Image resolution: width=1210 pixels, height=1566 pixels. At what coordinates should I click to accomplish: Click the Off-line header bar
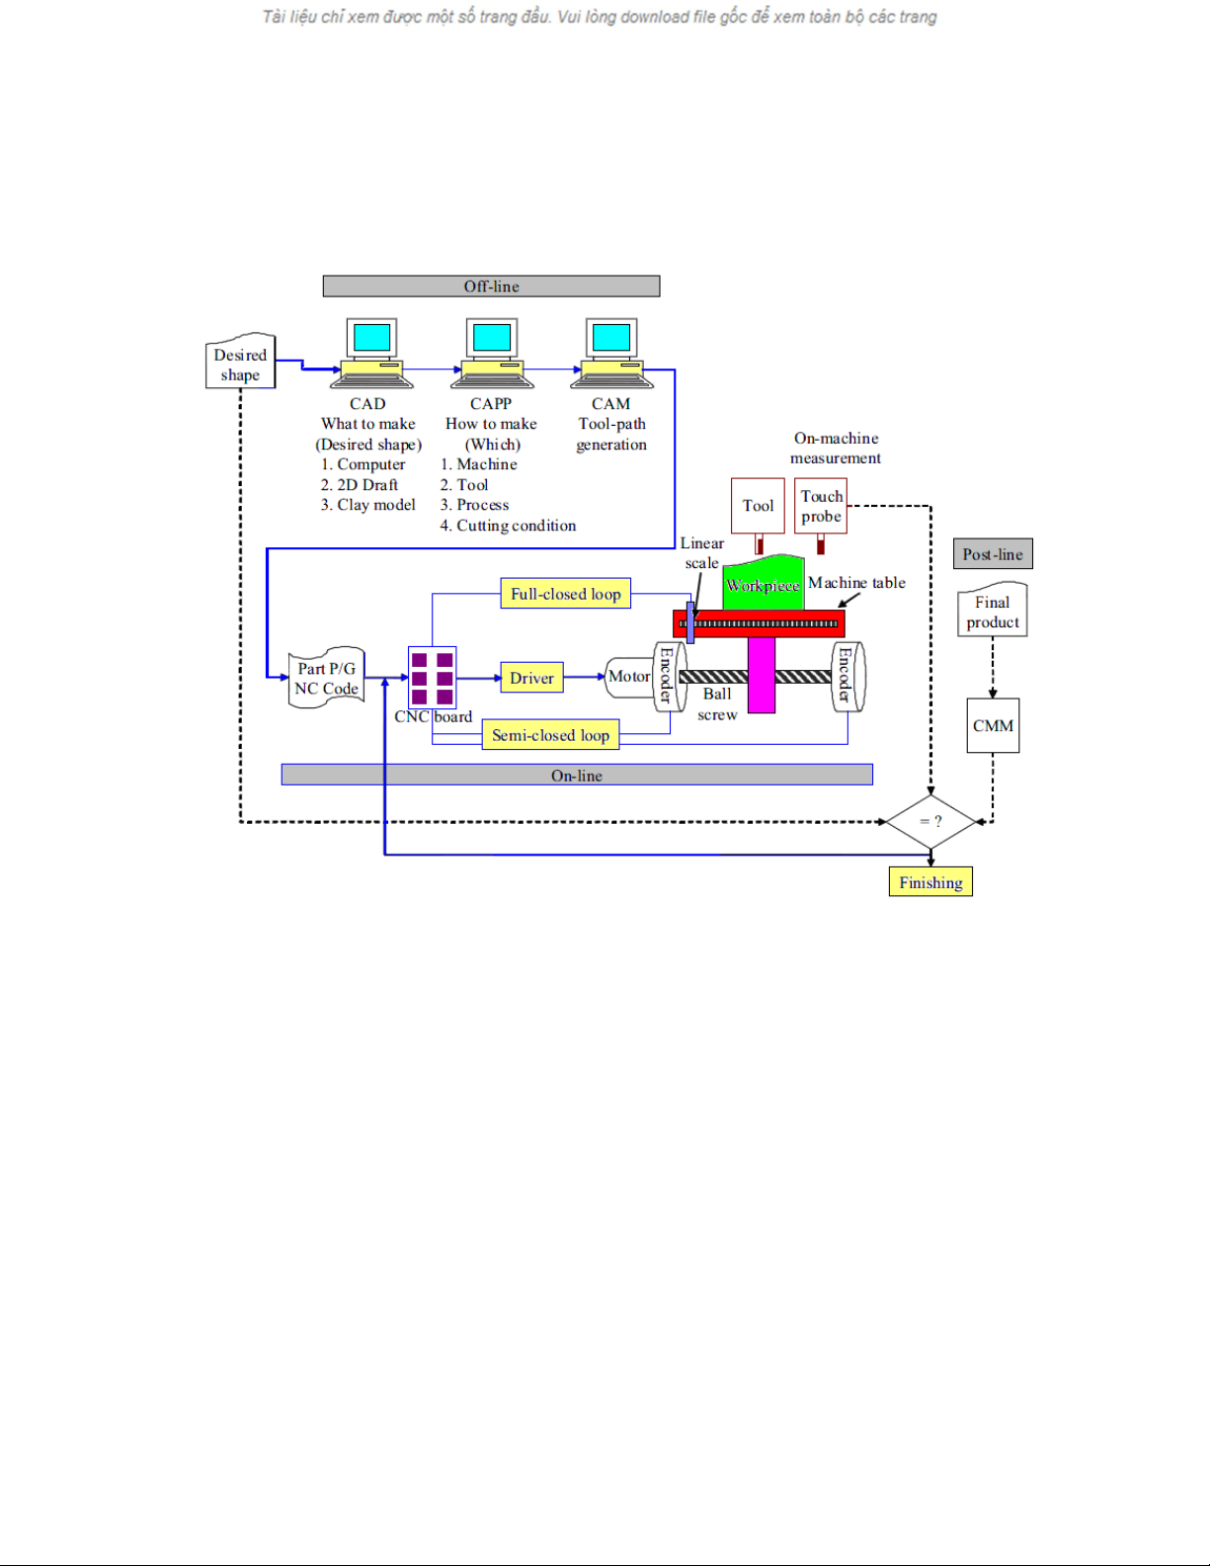click(491, 287)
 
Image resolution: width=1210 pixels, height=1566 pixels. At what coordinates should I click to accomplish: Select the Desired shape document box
click(240, 364)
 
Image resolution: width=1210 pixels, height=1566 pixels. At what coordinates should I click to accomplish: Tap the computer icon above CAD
click(371, 352)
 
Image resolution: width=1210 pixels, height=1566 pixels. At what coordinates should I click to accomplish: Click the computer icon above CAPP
click(492, 352)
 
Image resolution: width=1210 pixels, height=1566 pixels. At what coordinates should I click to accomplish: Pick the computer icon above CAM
click(612, 352)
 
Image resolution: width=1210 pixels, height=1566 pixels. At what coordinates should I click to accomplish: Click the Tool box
click(758, 506)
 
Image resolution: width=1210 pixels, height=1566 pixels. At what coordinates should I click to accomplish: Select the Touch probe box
click(821, 506)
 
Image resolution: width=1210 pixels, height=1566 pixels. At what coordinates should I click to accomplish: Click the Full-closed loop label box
click(565, 594)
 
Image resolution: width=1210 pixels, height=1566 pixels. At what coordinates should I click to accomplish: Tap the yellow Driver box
click(531, 678)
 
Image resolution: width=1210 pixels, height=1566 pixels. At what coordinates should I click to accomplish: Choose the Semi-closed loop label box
click(550, 735)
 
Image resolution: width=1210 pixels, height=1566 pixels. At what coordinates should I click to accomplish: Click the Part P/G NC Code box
click(326, 678)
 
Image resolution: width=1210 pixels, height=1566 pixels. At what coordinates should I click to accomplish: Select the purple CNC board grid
click(432, 678)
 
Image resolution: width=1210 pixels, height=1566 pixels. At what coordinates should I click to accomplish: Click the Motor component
click(628, 677)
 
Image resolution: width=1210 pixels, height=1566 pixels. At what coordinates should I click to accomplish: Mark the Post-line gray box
click(993, 554)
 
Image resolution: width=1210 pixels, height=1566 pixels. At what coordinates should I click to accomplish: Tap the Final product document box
click(993, 612)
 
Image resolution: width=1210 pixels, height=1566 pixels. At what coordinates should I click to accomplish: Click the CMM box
click(993, 726)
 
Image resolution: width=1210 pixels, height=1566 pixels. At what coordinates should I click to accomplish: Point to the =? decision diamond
click(930, 821)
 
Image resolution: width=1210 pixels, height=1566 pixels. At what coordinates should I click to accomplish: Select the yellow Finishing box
click(930, 882)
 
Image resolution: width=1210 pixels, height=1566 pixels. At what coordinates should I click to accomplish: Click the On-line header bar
click(576, 776)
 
